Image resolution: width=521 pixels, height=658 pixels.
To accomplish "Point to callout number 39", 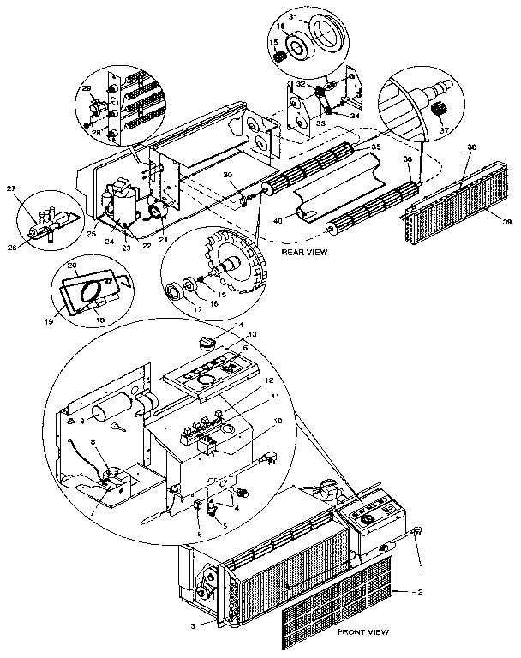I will click(506, 222).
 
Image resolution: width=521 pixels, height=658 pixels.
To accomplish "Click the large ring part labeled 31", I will click(329, 32).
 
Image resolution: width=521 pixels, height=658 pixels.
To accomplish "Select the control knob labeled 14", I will click(205, 342).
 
